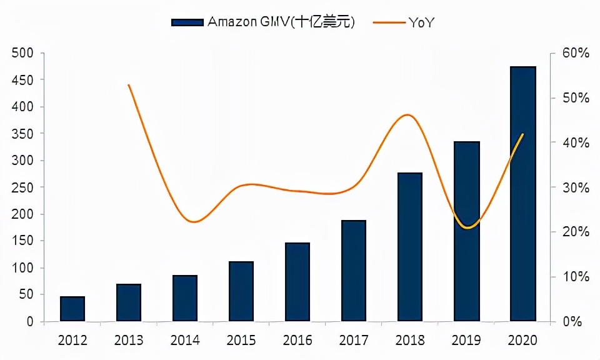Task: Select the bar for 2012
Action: (72, 309)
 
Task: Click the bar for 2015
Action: (241, 291)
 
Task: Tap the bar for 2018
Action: (409, 247)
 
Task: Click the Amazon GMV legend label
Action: (281, 22)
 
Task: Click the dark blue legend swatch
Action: (187, 22)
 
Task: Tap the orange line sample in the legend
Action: (388, 22)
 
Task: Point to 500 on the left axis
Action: (22, 53)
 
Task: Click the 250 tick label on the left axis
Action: (22, 187)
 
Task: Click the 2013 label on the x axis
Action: (128, 341)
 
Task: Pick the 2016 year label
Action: (297, 341)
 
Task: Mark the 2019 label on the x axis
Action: (466, 341)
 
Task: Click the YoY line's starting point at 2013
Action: (128, 85)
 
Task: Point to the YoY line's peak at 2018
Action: (407, 115)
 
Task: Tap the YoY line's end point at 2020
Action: (522, 134)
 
